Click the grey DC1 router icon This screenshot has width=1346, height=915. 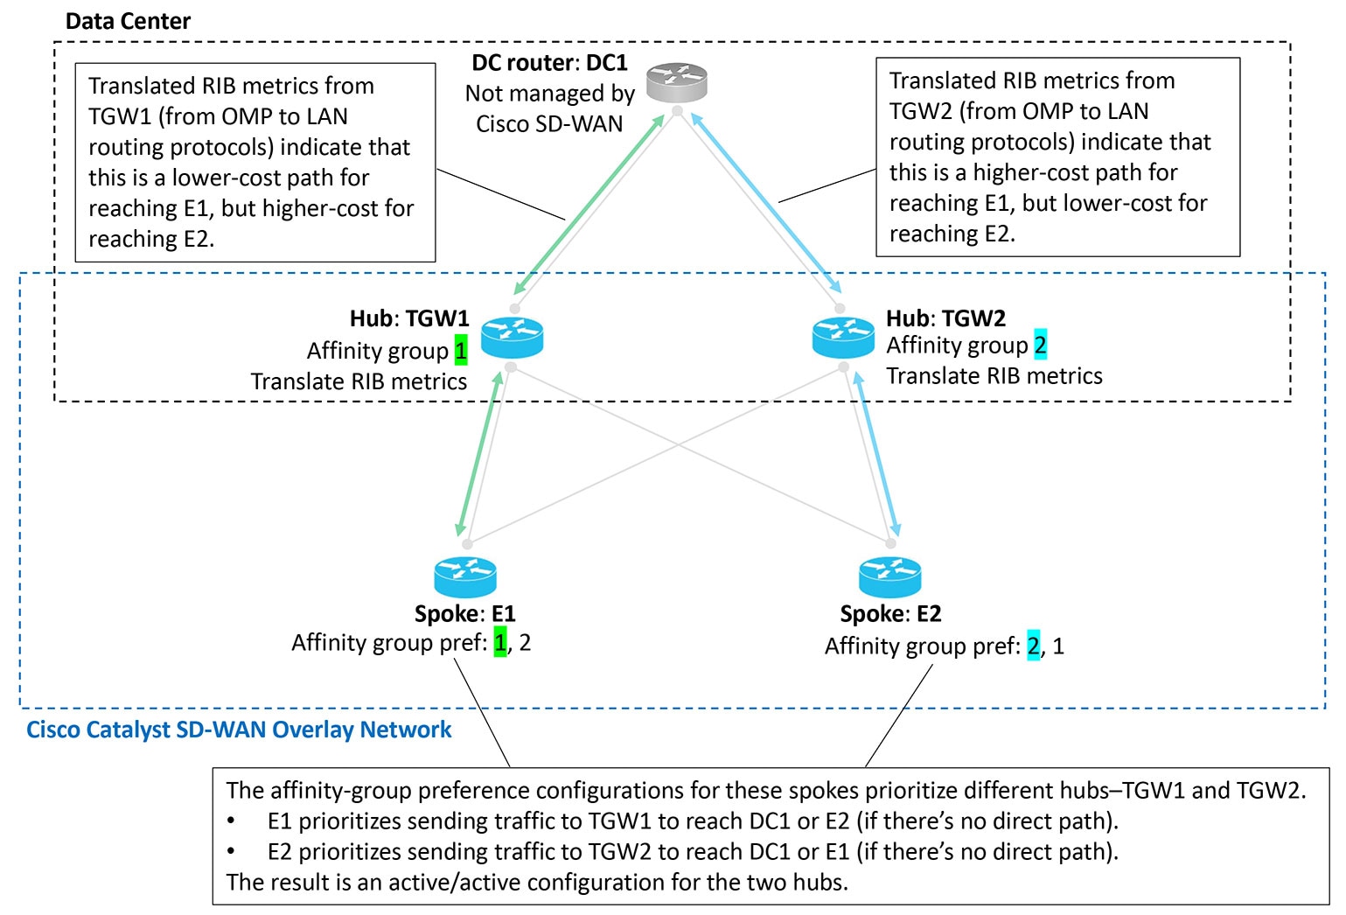click(x=676, y=83)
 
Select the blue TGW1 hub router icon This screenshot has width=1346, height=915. click(x=512, y=338)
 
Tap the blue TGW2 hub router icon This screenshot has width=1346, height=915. click(x=842, y=338)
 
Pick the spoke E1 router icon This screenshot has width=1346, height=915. click(x=465, y=577)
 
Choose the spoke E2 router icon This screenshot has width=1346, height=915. click(x=889, y=577)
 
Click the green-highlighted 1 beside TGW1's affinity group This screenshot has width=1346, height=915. click(x=461, y=351)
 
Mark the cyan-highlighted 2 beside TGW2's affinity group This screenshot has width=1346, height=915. click(x=1040, y=346)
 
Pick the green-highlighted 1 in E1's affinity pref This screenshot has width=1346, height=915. click(x=500, y=643)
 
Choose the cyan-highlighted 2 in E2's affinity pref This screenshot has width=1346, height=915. click(x=1034, y=646)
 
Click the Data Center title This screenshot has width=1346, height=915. click(x=128, y=21)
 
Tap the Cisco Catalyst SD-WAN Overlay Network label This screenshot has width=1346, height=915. click(x=239, y=730)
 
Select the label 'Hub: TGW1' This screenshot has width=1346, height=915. click(x=409, y=318)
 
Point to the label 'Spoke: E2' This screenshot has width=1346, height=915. click(x=890, y=614)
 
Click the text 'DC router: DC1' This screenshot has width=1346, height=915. click(x=549, y=63)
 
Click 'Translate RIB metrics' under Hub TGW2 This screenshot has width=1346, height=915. click(x=994, y=376)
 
